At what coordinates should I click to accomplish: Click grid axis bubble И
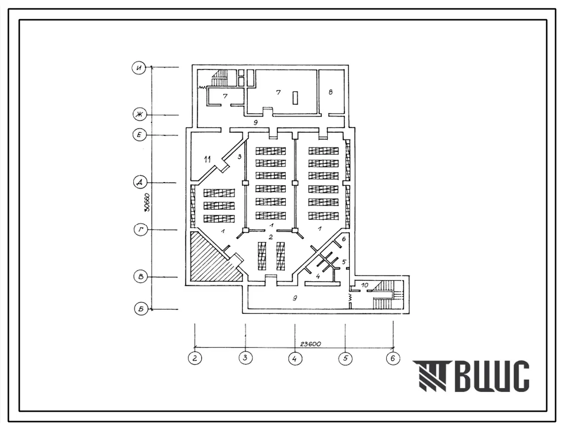139,68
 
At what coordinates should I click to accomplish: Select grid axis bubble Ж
139,115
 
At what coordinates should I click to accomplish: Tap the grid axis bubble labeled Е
139,135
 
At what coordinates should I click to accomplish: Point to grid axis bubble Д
140,183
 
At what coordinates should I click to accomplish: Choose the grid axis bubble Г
141,230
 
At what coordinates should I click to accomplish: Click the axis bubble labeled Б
141,309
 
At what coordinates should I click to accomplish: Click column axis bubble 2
194,358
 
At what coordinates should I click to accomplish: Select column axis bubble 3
245,358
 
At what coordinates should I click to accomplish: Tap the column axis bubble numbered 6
393,358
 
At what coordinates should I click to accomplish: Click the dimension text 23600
310,344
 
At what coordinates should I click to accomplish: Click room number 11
207,159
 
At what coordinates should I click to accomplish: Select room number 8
331,92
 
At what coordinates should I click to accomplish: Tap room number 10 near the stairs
364,285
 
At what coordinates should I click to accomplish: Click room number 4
318,276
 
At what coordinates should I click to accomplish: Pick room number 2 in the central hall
271,237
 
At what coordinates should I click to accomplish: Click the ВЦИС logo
471,376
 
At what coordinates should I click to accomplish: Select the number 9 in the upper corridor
255,122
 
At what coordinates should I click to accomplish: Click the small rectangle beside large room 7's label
295,98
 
